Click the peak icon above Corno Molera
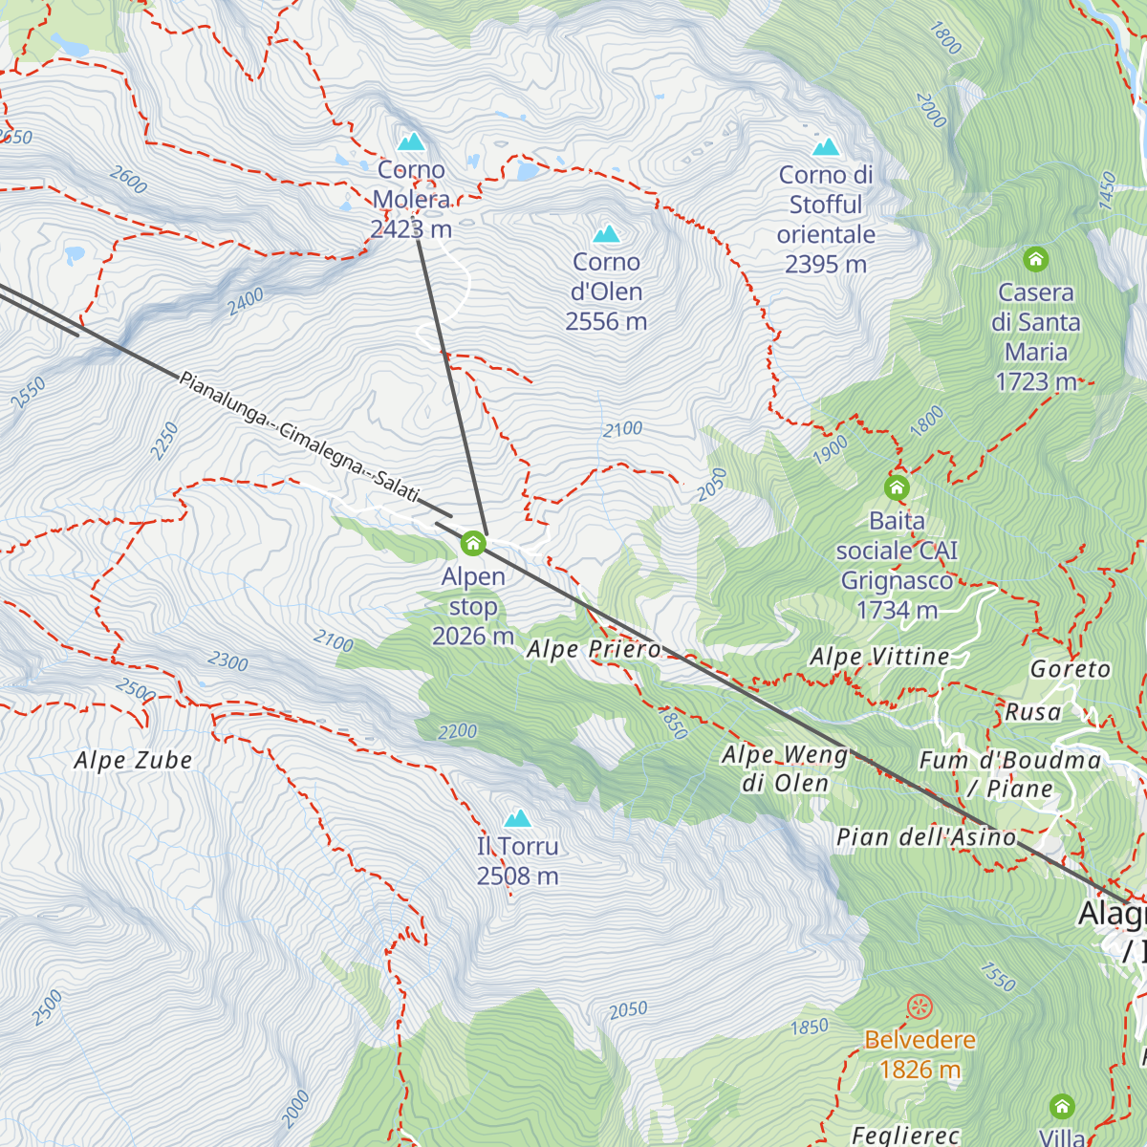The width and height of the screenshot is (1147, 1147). [x=411, y=142]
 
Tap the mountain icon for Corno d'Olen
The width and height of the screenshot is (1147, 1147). [x=606, y=234]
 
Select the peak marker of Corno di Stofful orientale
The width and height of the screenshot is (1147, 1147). [x=826, y=147]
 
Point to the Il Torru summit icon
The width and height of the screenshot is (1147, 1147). [x=517, y=818]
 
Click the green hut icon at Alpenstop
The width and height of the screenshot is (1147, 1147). [x=472, y=544]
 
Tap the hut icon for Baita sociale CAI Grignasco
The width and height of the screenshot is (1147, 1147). [x=897, y=487]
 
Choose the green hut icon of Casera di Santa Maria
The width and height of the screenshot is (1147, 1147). [x=1035, y=259]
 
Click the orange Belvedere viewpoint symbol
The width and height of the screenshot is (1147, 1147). [x=920, y=1006]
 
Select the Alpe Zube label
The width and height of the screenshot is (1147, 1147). [x=133, y=761]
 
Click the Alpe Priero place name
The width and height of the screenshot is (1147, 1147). [x=594, y=650]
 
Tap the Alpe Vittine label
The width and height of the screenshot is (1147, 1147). [x=879, y=657]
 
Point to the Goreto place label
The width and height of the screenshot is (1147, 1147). [x=1071, y=669]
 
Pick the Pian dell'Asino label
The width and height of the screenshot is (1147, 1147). [x=926, y=838]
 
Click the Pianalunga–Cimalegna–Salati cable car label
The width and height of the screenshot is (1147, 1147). [x=299, y=437]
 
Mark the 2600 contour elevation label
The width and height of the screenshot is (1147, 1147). [x=128, y=180]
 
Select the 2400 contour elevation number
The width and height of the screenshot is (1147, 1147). [x=246, y=302]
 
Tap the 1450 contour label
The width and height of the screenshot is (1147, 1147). [x=1107, y=191]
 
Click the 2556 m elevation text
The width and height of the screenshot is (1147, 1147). [x=606, y=322]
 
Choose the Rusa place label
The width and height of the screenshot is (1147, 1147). [x=1033, y=712]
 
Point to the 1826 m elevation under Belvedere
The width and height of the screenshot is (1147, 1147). [x=920, y=1070]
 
